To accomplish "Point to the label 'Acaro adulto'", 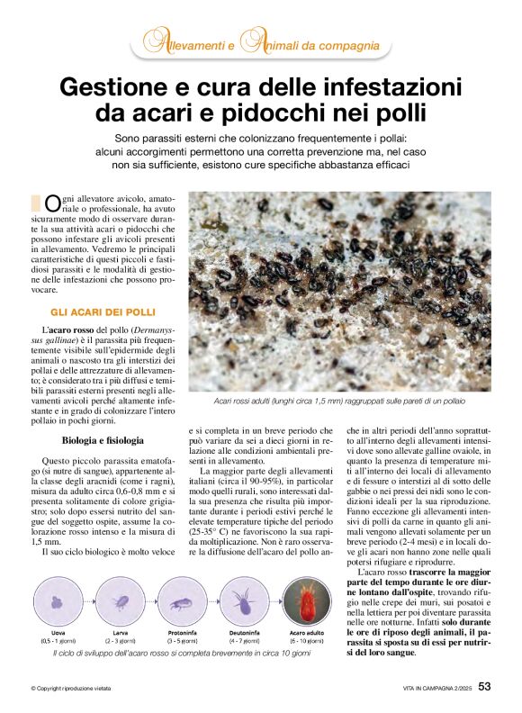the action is coord(308,633).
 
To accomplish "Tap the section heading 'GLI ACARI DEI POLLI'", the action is coord(103,311).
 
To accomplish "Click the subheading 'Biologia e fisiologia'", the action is coord(102,441).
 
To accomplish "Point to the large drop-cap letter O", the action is coord(53,204).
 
